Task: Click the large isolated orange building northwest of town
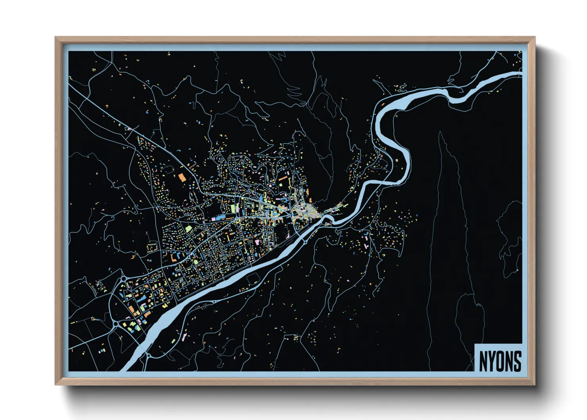click(x=182, y=177)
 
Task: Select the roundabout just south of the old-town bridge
click(x=305, y=240)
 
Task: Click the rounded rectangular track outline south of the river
click(x=253, y=279)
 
